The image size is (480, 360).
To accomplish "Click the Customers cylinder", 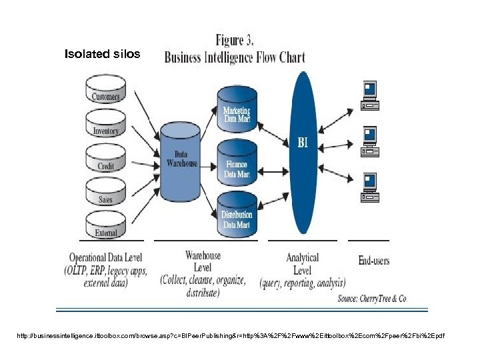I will point(105,94).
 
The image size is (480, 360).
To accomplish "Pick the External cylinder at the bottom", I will point(105,231).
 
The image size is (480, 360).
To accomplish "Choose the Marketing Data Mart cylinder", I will point(237,113).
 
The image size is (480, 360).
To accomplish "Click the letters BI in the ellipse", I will point(302,142).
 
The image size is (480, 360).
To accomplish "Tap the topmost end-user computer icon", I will point(369,95).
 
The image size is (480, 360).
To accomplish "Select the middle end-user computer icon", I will point(369,141).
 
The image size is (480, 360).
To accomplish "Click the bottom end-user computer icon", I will point(369,187).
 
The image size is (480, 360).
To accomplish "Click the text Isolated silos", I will point(102,54).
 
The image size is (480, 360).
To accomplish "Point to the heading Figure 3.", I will point(235,40).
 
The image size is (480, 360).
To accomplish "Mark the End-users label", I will point(374,260).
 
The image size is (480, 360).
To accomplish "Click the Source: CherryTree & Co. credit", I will point(372,299).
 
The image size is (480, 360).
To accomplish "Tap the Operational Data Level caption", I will point(105,257).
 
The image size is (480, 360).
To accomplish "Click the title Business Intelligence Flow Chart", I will point(235,57).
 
